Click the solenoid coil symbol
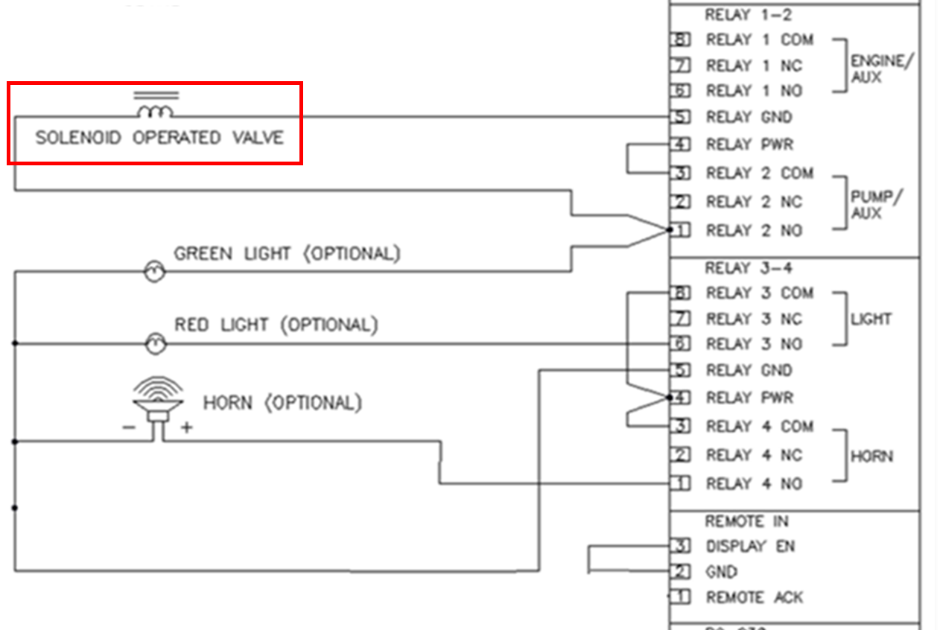pyautogui.click(x=156, y=111)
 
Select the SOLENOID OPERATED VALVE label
pyautogui.click(x=159, y=138)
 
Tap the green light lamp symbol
pyautogui.click(x=154, y=272)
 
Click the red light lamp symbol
pyautogui.click(x=154, y=343)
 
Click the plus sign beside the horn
pyautogui.click(x=186, y=427)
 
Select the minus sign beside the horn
pyautogui.click(x=129, y=427)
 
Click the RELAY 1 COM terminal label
pyautogui.click(x=760, y=39)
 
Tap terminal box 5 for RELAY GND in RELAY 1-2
pyautogui.click(x=680, y=117)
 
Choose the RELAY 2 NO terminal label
pyautogui.click(x=754, y=231)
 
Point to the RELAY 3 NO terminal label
pyautogui.click(x=754, y=344)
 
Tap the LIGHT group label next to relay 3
pyautogui.click(x=871, y=319)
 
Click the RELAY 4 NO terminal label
pyautogui.click(x=754, y=484)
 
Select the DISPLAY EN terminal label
pyautogui.click(x=750, y=547)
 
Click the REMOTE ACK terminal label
pyautogui.click(x=755, y=597)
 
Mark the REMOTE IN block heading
pyautogui.click(x=746, y=521)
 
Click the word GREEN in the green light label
pyautogui.click(x=203, y=253)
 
